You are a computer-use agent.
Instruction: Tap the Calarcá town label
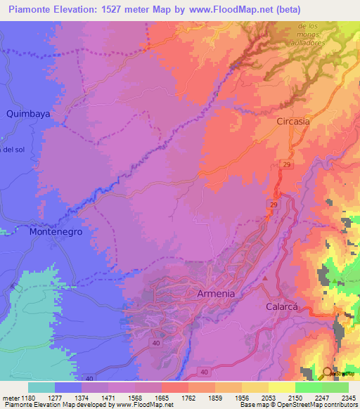point(283,307)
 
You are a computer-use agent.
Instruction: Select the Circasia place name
point(292,122)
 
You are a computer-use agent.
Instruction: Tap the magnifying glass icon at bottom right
point(328,373)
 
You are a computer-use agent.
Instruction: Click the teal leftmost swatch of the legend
point(41,387)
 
